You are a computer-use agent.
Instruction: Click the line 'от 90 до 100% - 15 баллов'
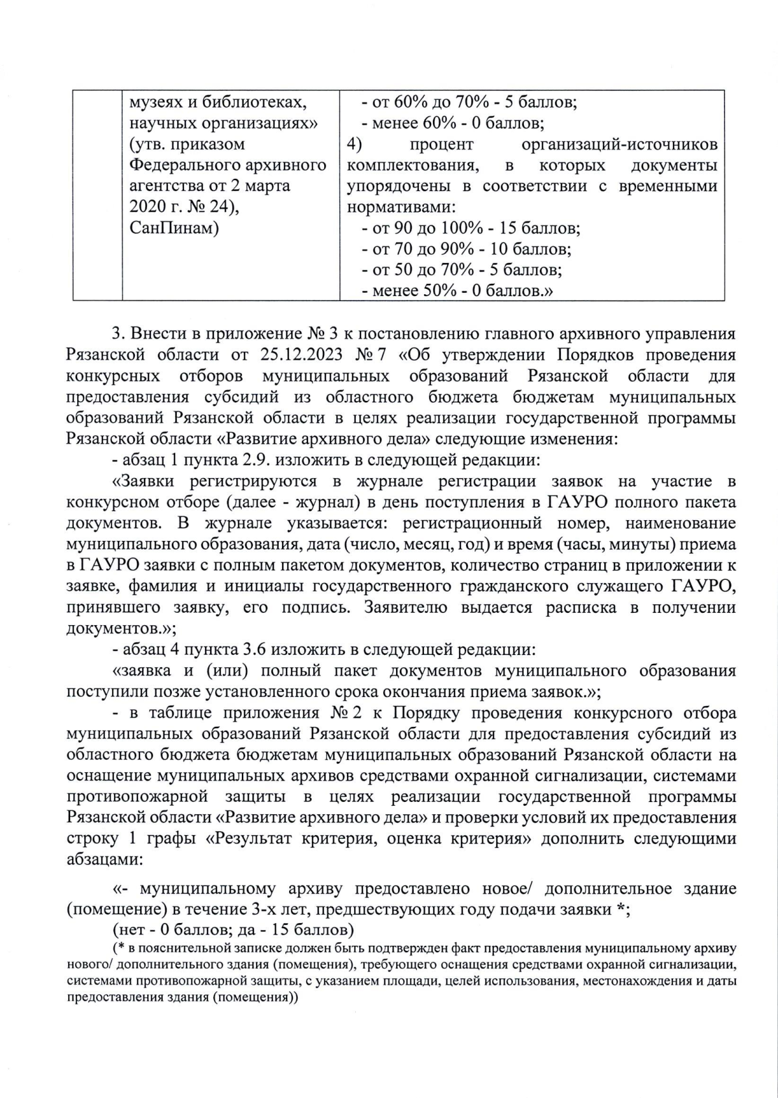(x=471, y=228)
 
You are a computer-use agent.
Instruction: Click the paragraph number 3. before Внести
(x=117, y=334)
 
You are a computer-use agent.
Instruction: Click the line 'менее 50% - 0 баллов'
(x=456, y=290)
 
